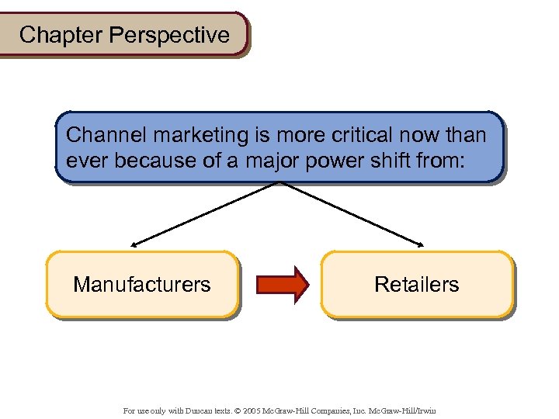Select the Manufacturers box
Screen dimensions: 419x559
(142, 285)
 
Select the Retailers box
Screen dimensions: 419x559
(417, 285)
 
